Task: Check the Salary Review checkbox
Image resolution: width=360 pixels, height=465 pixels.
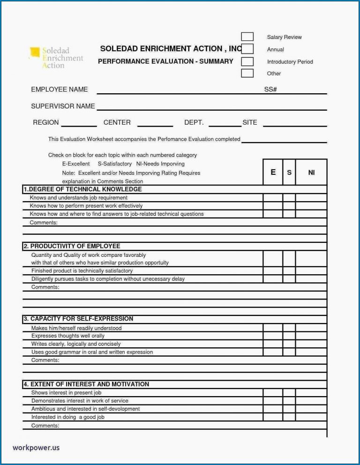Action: coord(247,37)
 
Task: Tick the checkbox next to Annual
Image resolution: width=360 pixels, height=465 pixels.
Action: coord(247,49)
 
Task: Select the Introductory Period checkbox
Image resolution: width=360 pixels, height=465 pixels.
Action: coord(247,61)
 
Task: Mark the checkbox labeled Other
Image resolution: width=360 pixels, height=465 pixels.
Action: coord(247,73)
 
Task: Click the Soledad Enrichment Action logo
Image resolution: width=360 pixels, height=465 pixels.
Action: coord(56,57)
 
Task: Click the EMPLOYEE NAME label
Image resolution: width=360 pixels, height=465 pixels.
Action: coord(59,89)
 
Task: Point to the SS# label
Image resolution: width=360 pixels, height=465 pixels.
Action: coord(270,89)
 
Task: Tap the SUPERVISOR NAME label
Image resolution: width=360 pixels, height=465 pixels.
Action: coord(63,106)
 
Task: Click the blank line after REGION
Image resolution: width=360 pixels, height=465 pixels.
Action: coord(79,125)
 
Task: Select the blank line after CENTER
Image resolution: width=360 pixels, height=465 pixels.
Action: coord(155,125)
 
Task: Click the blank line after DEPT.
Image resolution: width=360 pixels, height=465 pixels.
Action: coord(225,125)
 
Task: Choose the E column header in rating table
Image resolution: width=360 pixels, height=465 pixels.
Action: coord(273,172)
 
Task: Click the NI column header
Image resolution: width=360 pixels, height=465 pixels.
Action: coord(311,172)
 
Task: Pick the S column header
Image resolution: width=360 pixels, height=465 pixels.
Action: coord(289,172)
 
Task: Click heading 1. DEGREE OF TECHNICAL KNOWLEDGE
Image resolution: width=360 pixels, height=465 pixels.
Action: coord(82,189)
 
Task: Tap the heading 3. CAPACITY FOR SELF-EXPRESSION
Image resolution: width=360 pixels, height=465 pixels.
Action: coord(78,318)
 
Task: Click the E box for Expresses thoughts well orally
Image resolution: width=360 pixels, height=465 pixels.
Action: coord(273,336)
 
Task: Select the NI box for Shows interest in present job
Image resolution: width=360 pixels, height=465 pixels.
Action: coord(311,392)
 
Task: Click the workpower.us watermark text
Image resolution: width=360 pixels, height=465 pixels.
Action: coord(36,447)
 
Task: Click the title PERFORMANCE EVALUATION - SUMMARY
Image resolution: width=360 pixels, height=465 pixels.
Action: coord(165,61)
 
